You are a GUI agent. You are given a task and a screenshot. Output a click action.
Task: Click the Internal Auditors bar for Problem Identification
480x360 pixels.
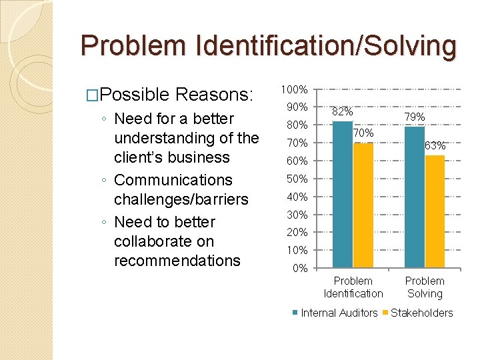point(343,195)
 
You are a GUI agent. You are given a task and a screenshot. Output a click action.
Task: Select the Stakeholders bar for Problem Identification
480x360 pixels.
point(363,205)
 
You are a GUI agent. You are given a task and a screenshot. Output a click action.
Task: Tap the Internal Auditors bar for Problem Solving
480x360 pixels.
point(414,197)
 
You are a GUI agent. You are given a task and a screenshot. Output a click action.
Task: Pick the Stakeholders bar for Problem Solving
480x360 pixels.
point(435,211)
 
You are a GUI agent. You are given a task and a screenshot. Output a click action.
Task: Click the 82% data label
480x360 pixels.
point(343,112)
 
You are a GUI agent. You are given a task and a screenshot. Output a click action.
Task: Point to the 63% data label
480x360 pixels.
point(435,145)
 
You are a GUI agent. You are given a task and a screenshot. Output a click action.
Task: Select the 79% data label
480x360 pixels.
point(415,117)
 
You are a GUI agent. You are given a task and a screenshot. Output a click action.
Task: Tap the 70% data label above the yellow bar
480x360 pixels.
point(363,133)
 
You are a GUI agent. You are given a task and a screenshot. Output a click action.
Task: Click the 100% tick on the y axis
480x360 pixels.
point(294,89)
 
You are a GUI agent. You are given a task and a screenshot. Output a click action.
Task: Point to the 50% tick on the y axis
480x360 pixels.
point(296,179)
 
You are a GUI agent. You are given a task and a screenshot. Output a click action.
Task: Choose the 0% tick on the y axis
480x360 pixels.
point(299,269)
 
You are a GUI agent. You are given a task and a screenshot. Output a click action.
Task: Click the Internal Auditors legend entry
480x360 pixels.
point(337,313)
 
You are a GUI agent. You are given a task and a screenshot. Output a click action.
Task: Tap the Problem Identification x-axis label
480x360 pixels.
point(353,287)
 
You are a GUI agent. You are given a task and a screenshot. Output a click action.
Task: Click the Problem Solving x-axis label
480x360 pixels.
point(425,287)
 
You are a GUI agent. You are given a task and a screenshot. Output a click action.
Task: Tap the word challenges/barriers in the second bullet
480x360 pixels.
point(181,199)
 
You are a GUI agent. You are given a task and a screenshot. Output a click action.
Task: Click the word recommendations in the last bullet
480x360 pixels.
point(177,260)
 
